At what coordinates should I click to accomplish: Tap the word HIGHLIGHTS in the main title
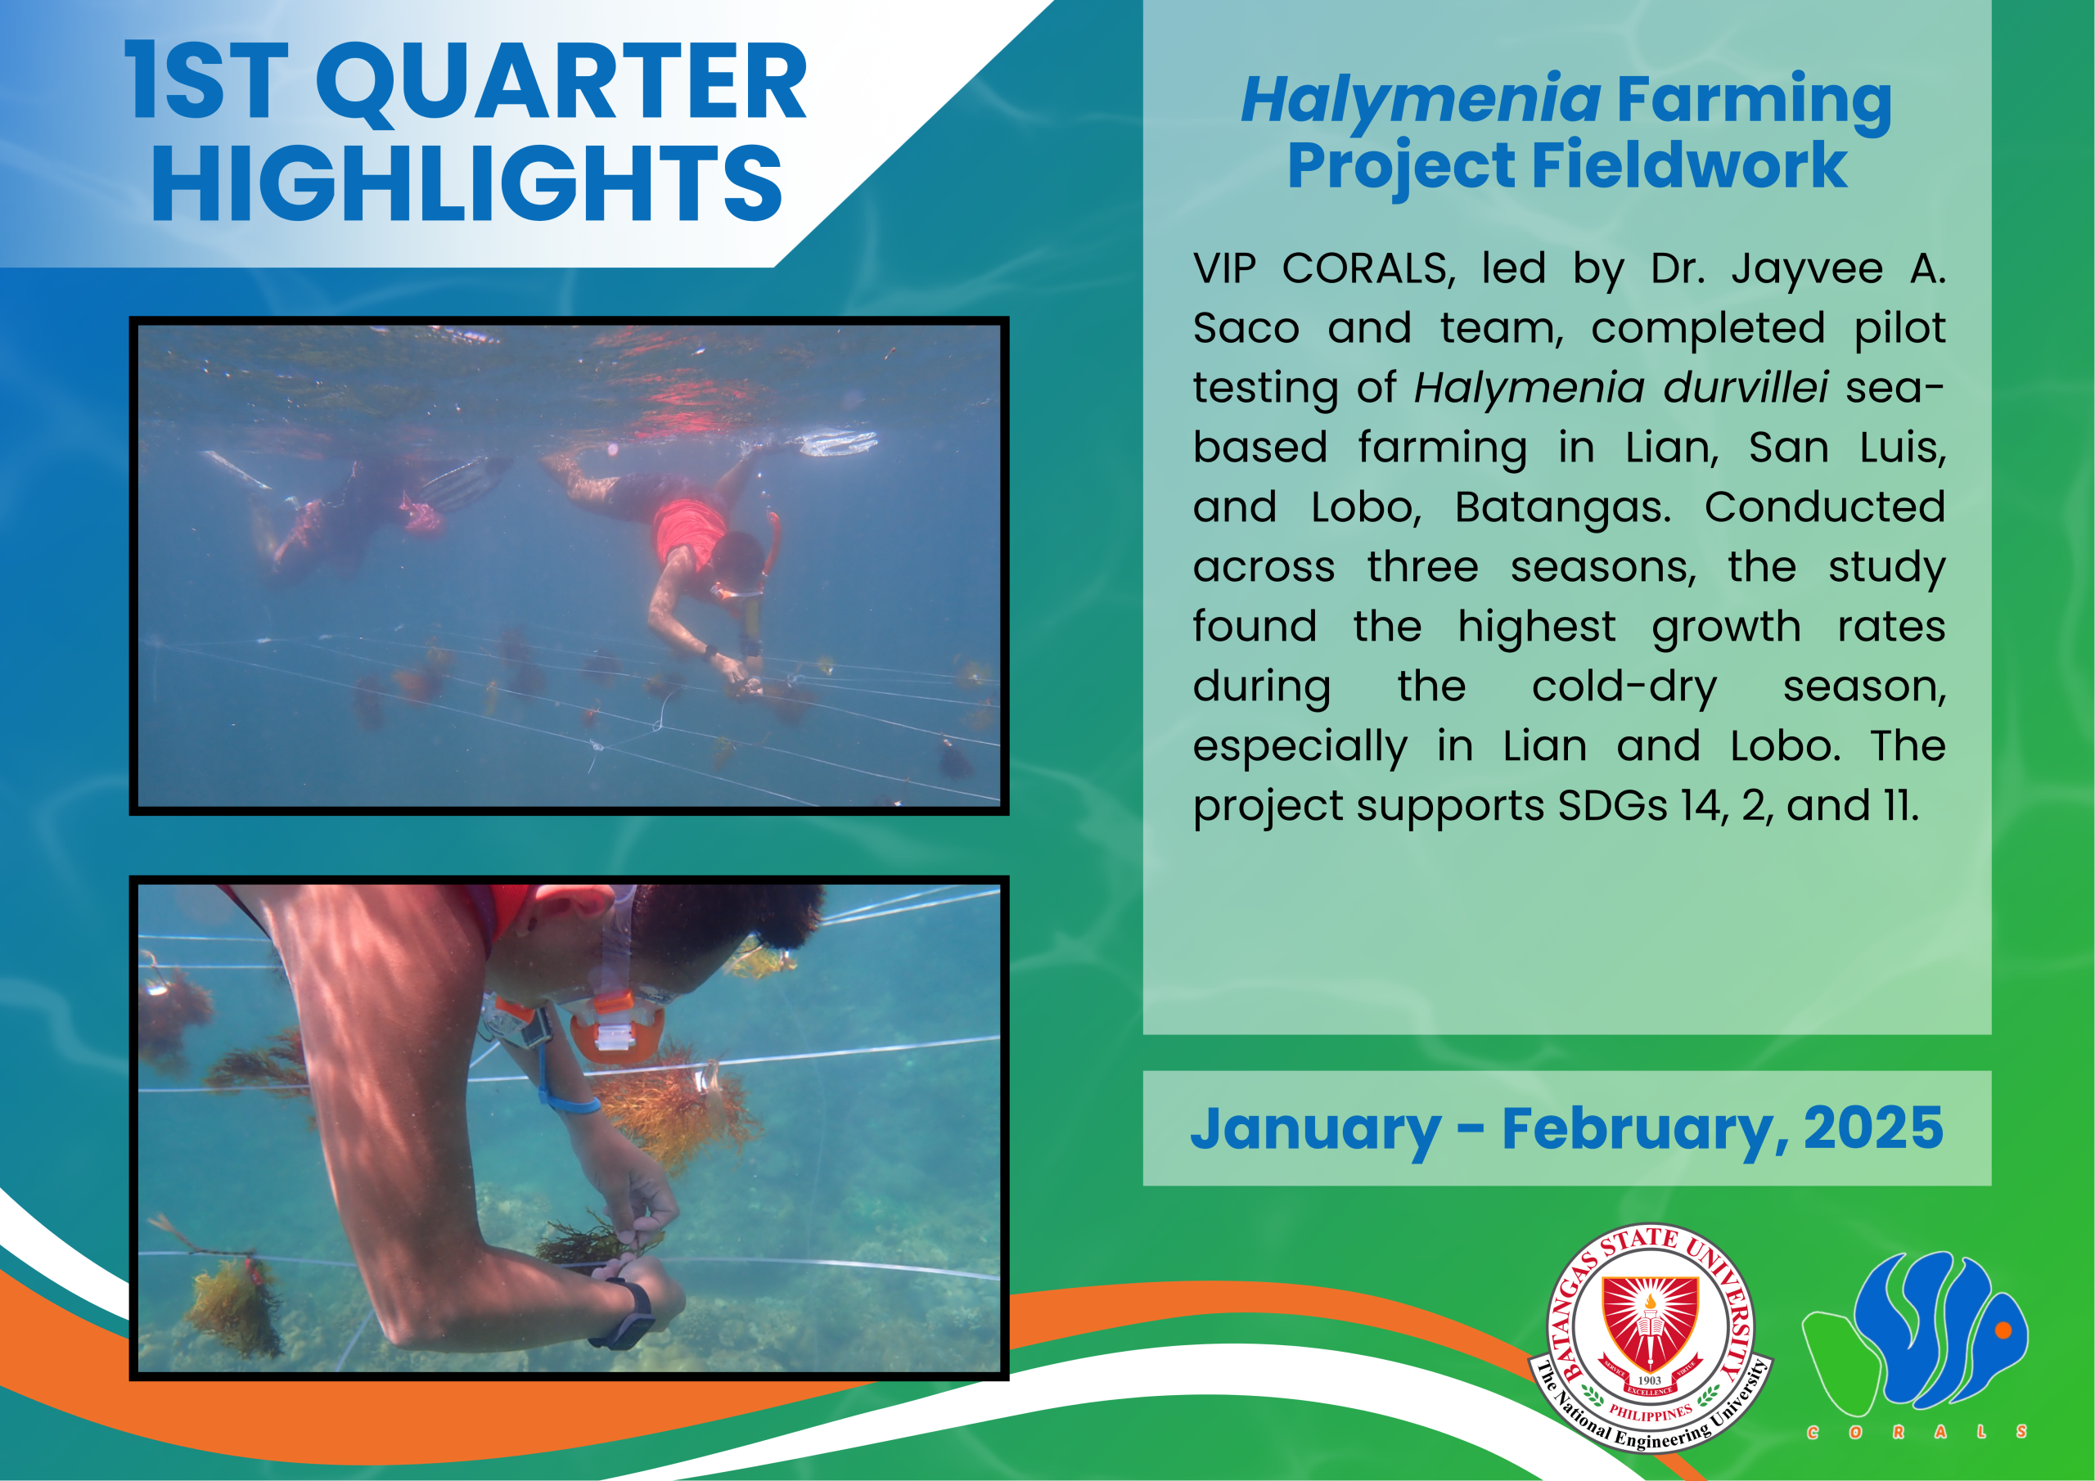pos(467,184)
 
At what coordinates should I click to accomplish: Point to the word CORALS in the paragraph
pos(1367,269)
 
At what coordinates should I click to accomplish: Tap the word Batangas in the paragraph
pos(1563,508)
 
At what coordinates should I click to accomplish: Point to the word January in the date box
pos(1315,1131)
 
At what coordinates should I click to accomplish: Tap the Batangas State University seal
pos(1650,1338)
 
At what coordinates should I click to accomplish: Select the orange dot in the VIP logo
pos(2004,1330)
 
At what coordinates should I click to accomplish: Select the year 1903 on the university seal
pos(1650,1380)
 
